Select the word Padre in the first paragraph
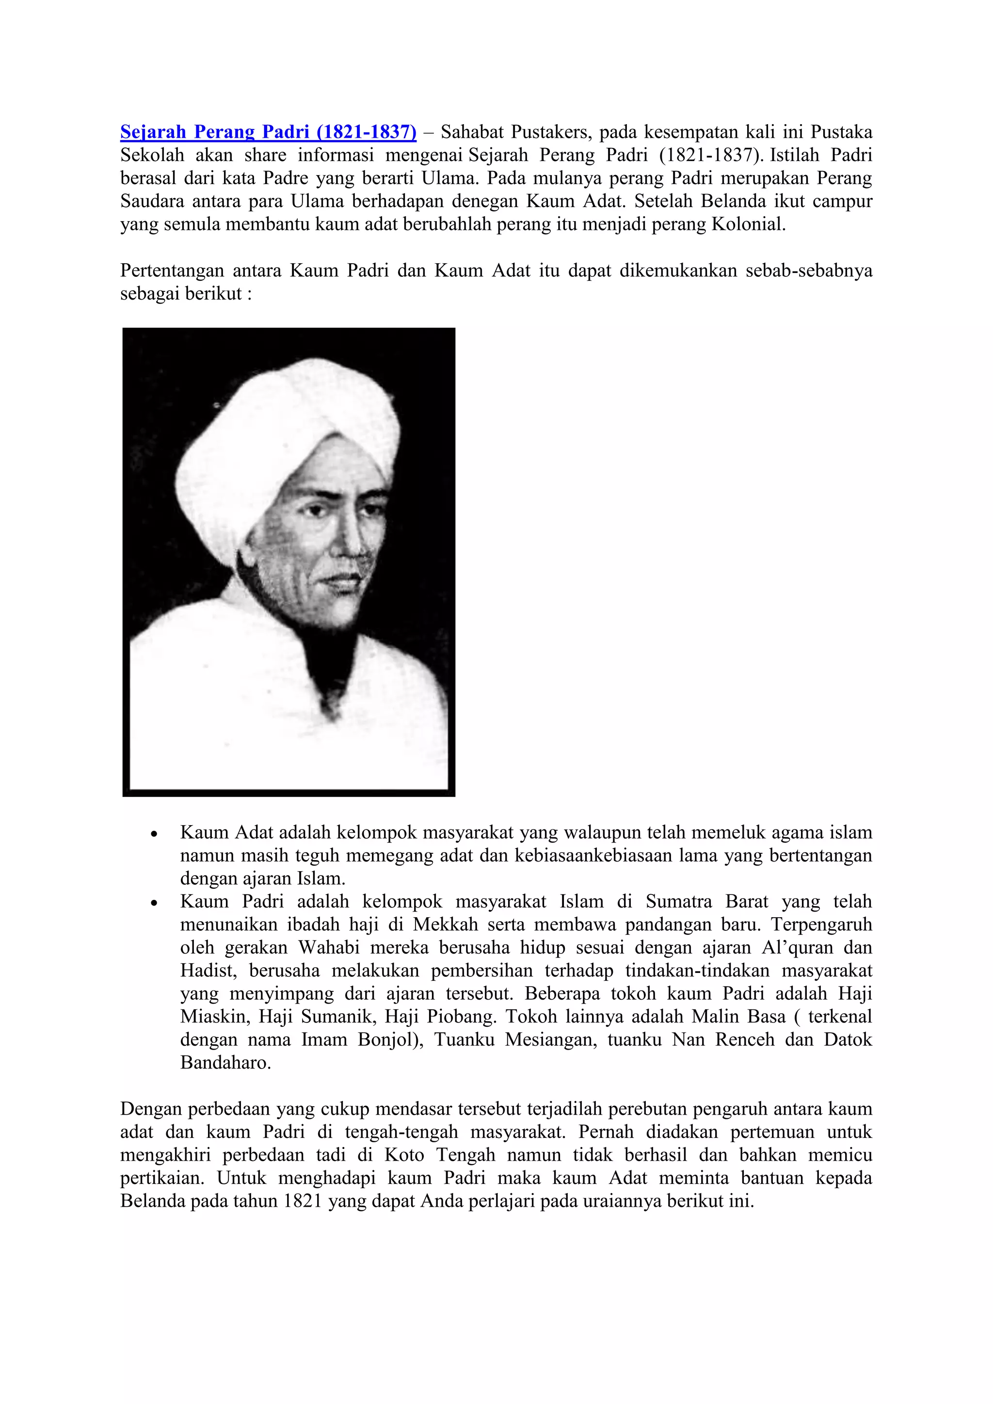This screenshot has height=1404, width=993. [x=287, y=178]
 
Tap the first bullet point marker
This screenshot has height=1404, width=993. [x=155, y=834]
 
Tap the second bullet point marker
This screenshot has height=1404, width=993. [x=155, y=903]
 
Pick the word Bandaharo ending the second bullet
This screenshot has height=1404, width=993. [x=224, y=1063]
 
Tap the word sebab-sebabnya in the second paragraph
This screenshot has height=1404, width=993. [x=808, y=271]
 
